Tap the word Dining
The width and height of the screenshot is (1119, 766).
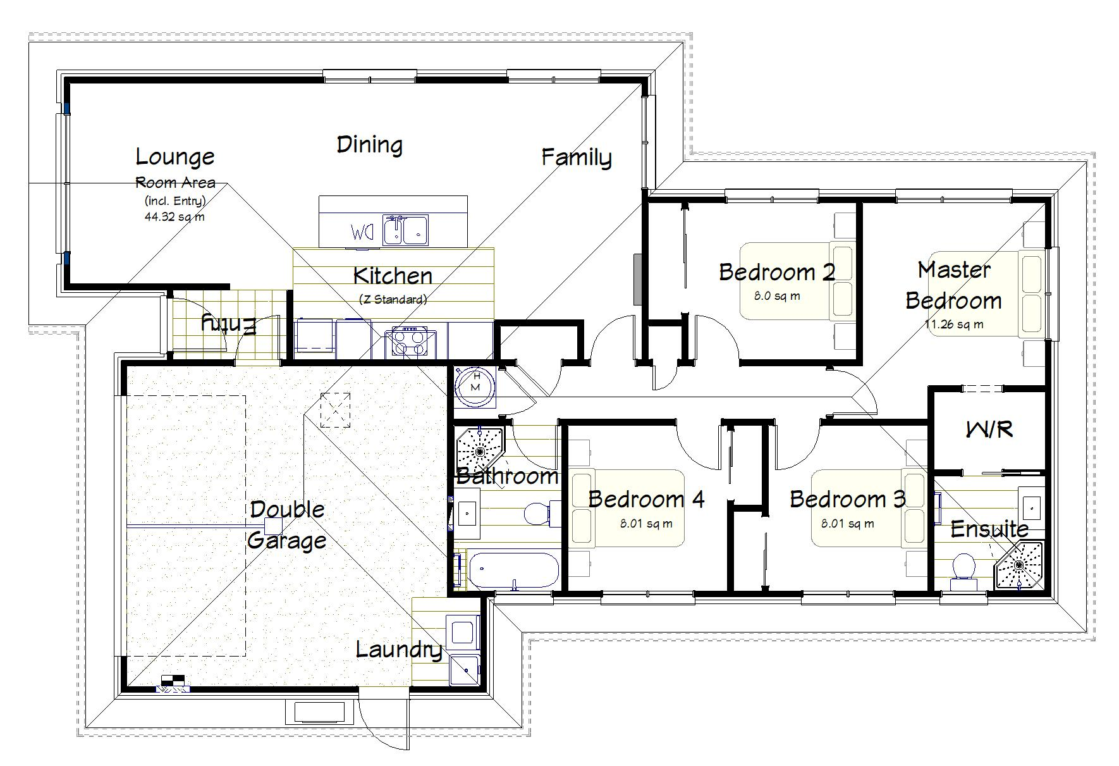370,145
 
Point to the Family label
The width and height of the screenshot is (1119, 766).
577,158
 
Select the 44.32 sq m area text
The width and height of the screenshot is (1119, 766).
174,216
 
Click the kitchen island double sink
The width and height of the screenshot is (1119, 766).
406,229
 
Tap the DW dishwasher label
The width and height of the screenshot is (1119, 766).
363,233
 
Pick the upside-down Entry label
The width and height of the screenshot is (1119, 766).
229,324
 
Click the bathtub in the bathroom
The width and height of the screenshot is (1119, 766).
513,569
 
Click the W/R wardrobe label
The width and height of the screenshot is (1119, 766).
989,430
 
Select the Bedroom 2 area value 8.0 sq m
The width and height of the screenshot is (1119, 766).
778,296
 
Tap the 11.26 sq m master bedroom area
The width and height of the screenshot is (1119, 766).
954,324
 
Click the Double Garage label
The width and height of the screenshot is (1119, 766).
287,525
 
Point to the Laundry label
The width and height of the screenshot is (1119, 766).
399,650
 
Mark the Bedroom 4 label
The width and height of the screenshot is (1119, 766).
646,499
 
